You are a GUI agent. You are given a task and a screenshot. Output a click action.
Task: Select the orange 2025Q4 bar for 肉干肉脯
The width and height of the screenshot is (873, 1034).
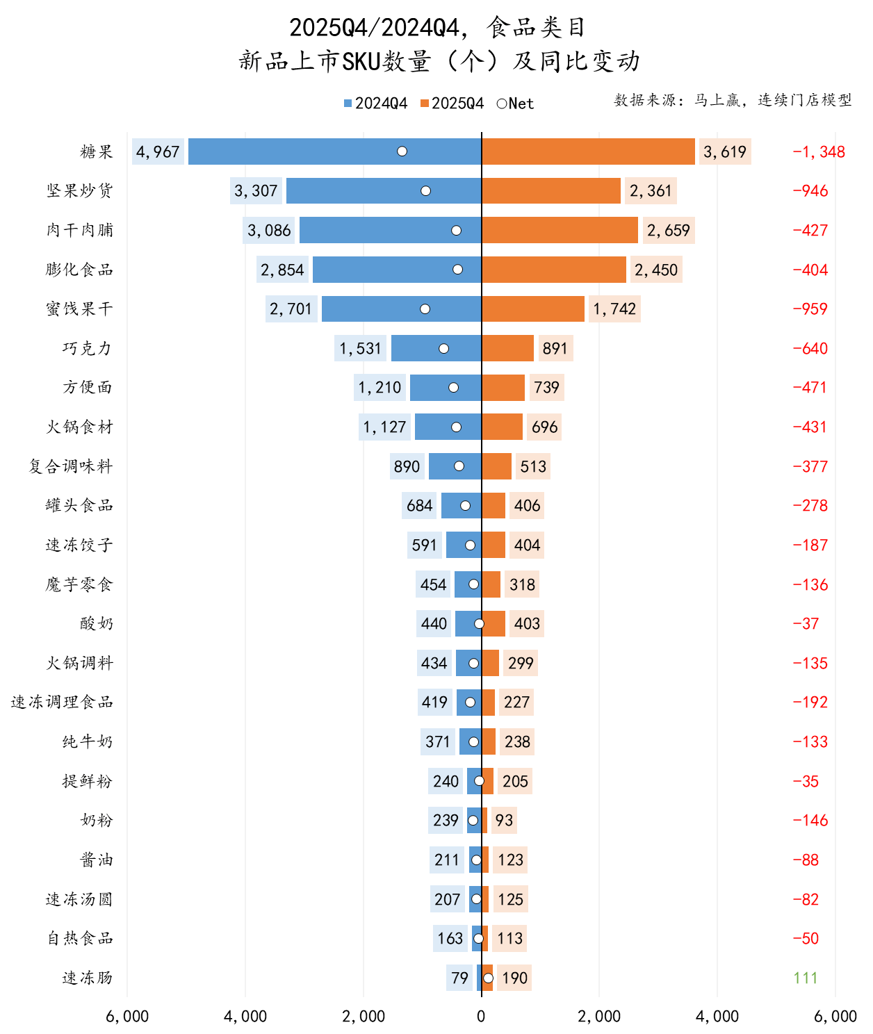560,230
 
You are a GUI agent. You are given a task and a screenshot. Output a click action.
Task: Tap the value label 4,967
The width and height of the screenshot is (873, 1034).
158,151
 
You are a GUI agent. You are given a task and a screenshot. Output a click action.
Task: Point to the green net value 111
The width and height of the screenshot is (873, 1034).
805,978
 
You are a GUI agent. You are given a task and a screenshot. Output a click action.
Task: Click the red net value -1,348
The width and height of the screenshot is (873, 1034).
819,151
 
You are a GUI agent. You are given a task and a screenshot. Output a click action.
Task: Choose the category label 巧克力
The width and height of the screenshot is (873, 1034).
87,348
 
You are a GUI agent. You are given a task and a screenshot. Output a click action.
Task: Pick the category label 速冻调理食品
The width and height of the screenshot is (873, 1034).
62,702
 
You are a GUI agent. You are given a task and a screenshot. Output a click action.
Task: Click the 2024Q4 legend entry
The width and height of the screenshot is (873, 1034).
375,104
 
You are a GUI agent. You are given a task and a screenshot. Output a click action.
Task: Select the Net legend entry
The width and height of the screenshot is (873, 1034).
515,104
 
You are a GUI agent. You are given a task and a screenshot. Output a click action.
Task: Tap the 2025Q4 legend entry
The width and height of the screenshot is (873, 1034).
452,104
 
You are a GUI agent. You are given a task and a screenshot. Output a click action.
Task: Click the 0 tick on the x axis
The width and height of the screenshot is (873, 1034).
481,1016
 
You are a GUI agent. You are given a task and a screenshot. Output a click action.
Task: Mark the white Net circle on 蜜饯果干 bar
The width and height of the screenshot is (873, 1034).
425,309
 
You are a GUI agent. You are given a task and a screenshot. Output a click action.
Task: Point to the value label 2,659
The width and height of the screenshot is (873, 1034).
668,230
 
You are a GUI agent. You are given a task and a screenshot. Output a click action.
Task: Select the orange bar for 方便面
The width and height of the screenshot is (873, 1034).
503,388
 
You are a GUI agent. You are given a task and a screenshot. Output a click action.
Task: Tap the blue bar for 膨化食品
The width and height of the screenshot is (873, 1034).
396,270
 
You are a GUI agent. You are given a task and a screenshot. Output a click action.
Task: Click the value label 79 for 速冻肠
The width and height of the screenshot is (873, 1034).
459,978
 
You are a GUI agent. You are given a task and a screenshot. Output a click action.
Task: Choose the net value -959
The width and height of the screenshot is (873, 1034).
810,309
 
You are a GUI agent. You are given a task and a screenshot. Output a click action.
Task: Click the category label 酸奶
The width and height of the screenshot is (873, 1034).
96,623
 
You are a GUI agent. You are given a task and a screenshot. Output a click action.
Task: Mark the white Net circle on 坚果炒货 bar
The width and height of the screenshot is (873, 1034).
425,191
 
